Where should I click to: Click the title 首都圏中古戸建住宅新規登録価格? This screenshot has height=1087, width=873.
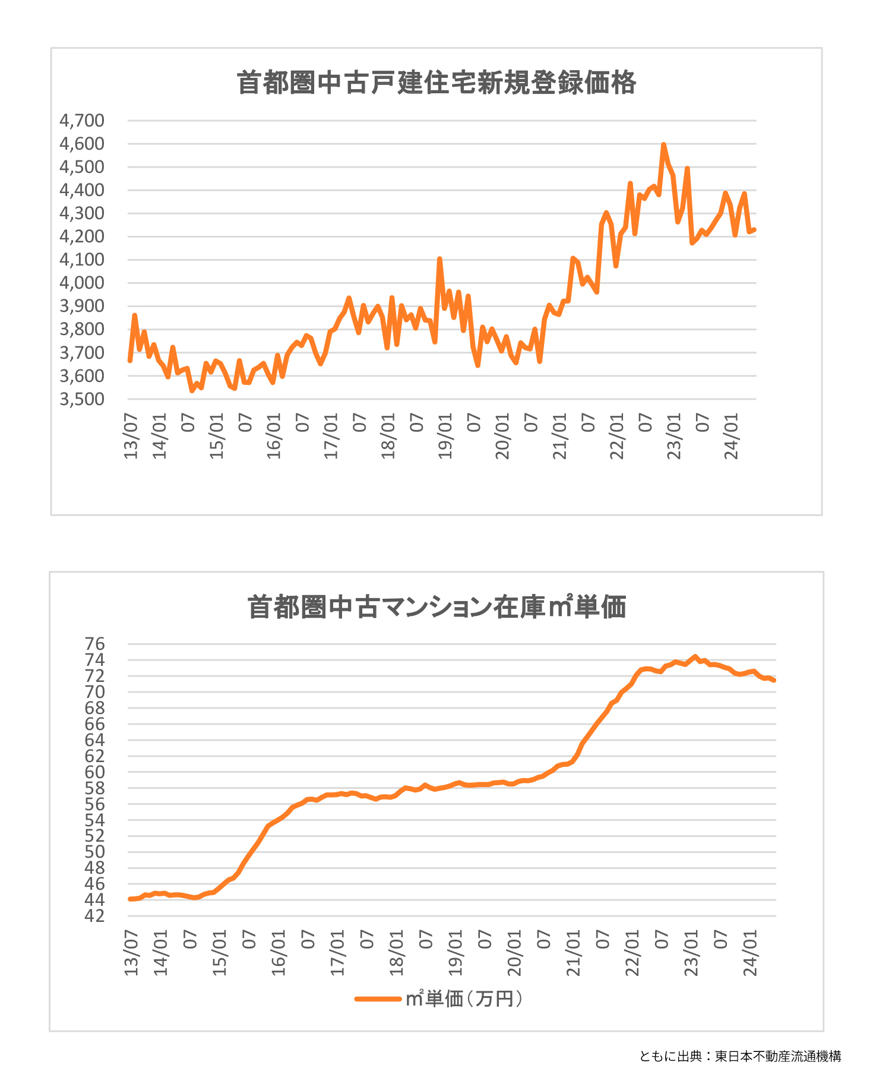(436, 83)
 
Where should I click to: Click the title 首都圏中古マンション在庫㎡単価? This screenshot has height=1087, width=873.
(436, 607)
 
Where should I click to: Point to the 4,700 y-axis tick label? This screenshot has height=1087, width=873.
(82, 121)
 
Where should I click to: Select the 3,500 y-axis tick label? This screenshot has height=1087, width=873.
(82, 399)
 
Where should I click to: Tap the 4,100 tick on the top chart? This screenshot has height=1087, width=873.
(82, 260)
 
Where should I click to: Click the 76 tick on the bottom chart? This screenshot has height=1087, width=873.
(95, 644)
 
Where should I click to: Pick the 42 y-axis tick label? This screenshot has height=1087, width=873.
(95, 916)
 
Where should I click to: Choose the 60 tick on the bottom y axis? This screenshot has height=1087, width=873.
(95, 772)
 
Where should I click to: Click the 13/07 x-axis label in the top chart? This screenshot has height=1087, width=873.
(131, 437)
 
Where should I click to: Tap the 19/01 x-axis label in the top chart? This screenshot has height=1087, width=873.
(445, 437)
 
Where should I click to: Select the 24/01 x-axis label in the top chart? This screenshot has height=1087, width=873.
(732, 437)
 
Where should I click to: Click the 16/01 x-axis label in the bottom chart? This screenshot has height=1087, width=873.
(279, 954)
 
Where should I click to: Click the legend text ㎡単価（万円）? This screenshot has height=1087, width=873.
(464, 999)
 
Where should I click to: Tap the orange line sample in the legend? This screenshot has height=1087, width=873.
(378, 999)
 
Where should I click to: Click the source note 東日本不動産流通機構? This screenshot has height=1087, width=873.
(777, 1056)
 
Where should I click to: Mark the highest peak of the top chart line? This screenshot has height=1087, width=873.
(663, 144)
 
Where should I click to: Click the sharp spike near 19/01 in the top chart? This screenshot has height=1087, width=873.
(439, 259)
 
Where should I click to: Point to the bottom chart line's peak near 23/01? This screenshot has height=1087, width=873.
(695, 656)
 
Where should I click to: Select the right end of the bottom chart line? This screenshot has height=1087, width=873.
(774, 681)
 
